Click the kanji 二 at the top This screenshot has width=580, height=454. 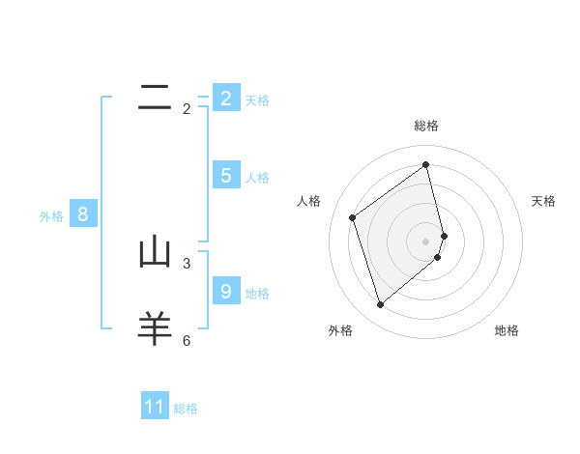pyautogui.click(x=155, y=97)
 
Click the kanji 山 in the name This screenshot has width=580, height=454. pyautogui.click(x=155, y=252)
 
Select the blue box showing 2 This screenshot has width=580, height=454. pyautogui.click(x=226, y=98)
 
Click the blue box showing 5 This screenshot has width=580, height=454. pyautogui.click(x=226, y=175)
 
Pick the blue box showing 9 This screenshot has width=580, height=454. pyautogui.click(x=226, y=291)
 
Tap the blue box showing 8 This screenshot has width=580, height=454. pyautogui.click(x=83, y=214)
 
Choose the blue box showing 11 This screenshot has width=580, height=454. pyautogui.click(x=155, y=407)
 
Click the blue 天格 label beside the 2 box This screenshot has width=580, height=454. pyautogui.click(x=257, y=100)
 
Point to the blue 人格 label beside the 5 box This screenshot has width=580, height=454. pyautogui.click(x=257, y=178)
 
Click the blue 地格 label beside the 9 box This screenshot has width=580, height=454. pyautogui.click(x=257, y=294)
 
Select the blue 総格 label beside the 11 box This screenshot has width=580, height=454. pyautogui.click(x=186, y=410)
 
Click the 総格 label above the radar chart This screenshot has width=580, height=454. pyautogui.click(x=426, y=126)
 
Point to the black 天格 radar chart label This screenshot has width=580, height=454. pyautogui.click(x=544, y=201)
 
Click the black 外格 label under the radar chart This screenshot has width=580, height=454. pyautogui.click(x=340, y=330)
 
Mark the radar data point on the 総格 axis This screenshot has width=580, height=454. pyautogui.click(x=426, y=164)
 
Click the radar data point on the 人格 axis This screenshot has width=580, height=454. pyautogui.click(x=353, y=217)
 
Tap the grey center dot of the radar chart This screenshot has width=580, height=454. pyautogui.click(x=426, y=241)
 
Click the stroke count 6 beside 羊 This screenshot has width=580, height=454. pyautogui.click(x=187, y=340)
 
